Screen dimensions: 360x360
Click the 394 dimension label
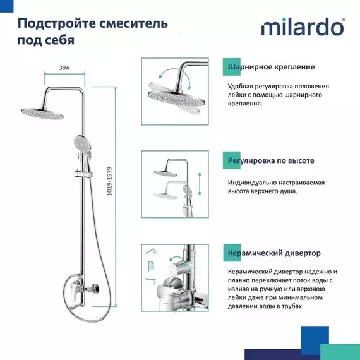63,66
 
